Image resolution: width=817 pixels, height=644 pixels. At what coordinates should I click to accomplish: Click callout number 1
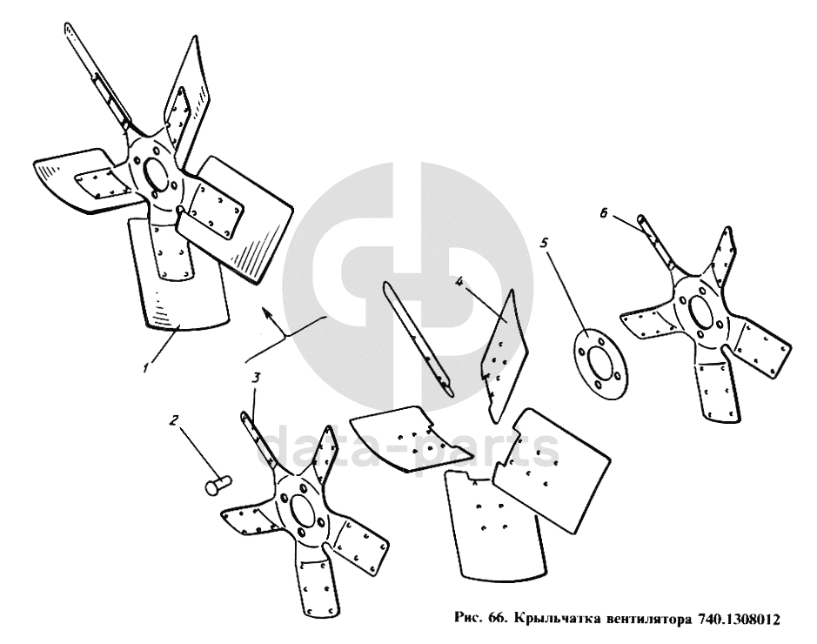147,366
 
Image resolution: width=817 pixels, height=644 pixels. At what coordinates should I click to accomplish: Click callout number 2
174,419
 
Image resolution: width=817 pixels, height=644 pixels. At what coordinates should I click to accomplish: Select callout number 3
256,379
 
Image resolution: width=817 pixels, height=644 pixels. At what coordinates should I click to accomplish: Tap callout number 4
459,281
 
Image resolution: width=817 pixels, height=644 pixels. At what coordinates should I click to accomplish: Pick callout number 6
603,213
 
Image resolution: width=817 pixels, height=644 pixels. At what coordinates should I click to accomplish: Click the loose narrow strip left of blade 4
417,339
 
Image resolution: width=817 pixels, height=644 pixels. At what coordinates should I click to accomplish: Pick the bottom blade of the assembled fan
180,273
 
